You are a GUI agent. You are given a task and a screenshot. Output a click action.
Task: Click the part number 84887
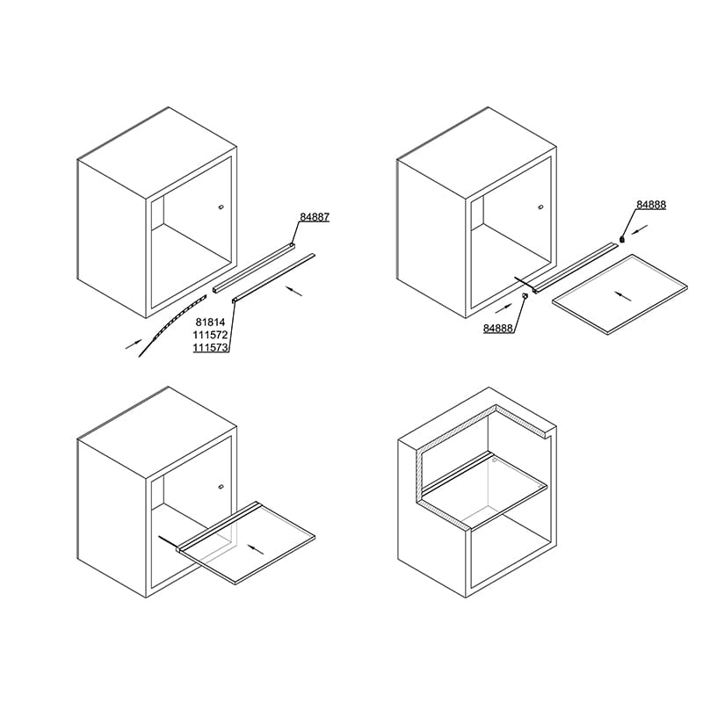pyautogui.click(x=315, y=217)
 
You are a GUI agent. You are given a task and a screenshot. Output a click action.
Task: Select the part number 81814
pyautogui.click(x=210, y=322)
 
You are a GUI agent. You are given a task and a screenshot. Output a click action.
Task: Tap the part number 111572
pyautogui.click(x=210, y=335)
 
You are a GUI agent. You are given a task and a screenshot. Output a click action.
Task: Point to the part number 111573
pyautogui.click(x=210, y=347)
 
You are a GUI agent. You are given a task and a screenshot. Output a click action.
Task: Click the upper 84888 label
pyautogui.click(x=651, y=205)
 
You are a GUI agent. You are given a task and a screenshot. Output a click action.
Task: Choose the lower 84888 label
pyautogui.click(x=497, y=328)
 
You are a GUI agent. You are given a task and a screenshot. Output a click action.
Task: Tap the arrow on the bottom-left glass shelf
pyautogui.click(x=256, y=549)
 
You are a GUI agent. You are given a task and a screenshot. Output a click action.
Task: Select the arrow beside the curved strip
pyautogui.click(x=134, y=344)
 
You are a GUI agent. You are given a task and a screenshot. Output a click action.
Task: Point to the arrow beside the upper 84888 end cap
pyautogui.click(x=640, y=229)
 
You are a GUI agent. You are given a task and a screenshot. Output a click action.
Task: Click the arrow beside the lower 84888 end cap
pyautogui.click(x=504, y=308)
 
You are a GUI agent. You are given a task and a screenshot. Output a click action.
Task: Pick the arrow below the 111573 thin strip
pyautogui.click(x=294, y=292)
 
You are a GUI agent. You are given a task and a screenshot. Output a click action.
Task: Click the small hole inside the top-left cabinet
pyautogui.click(x=221, y=207)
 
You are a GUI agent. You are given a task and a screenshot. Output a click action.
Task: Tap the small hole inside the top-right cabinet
pyautogui.click(x=540, y=207)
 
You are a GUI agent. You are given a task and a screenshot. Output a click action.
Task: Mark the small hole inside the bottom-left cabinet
pyautogui.click(x=221, y=487)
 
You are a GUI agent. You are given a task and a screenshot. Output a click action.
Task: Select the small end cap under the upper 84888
pyautogui.click(x=622, y=239)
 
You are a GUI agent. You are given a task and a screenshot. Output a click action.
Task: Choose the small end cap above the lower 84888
pyautogui.click(x=525, y=296)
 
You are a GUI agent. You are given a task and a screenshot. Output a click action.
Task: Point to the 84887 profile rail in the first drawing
pyautogui.click(x=254, y=267)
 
